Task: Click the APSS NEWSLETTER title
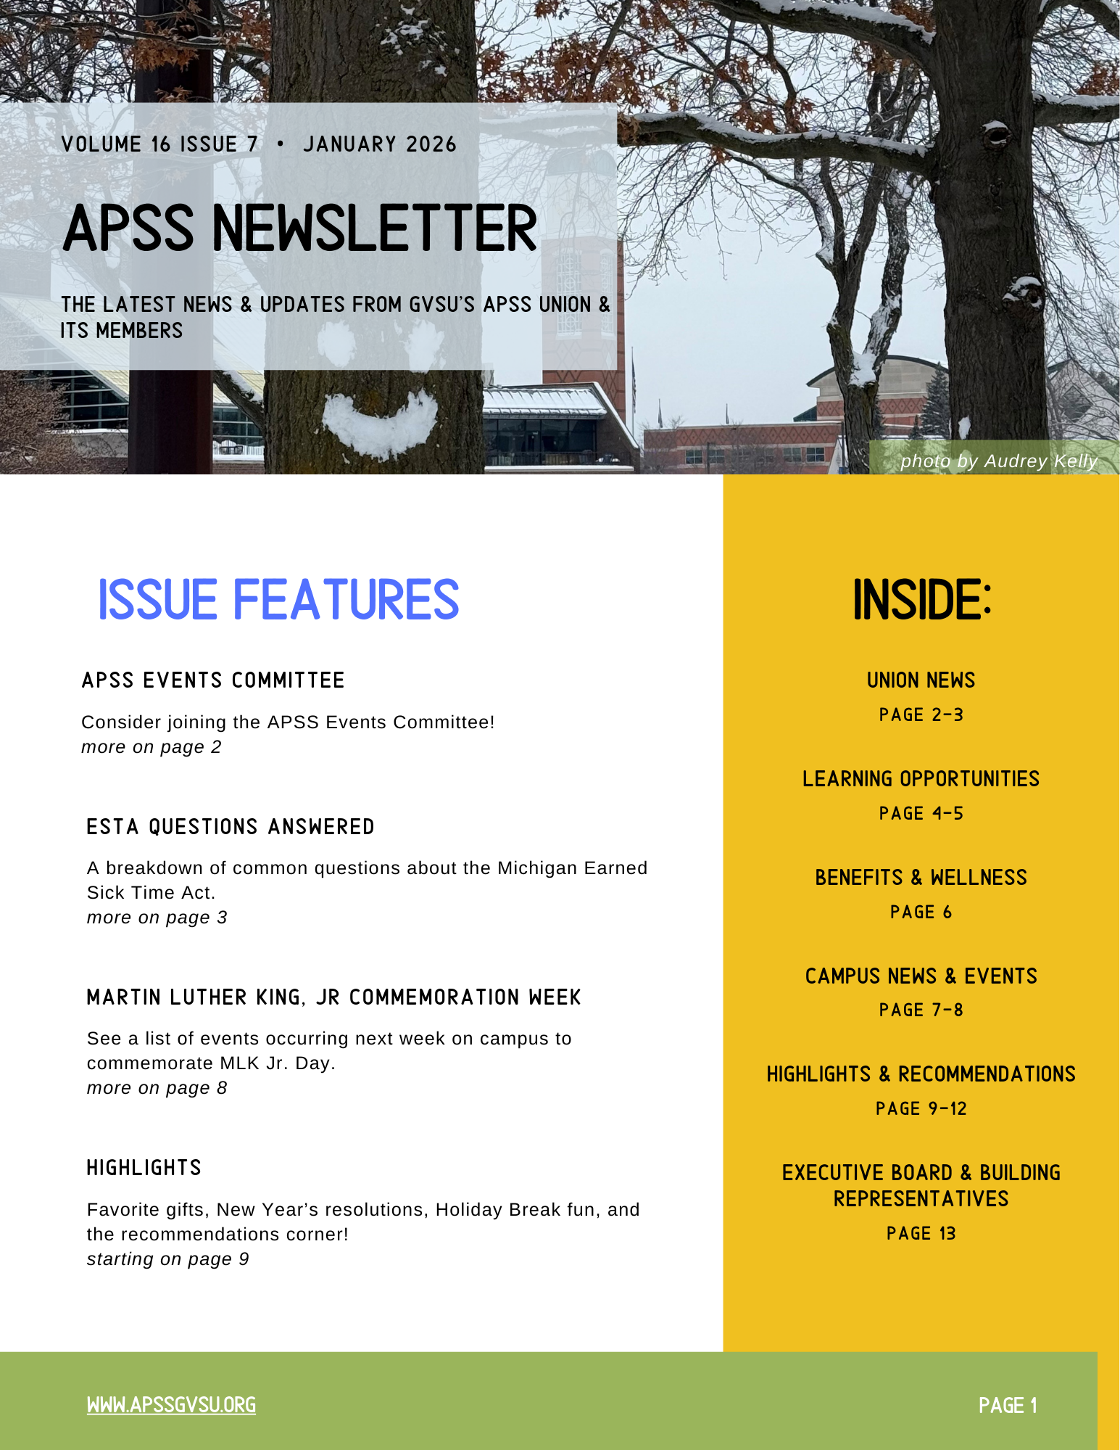tap(300, 228)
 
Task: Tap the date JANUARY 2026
tap(380, 144)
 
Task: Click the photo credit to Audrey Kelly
tap(998, 461)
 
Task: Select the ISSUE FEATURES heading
tap(278, 601)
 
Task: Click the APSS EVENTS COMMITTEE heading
tap(213, 680)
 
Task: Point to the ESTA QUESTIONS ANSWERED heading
tap(231, 827)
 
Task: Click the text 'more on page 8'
tap(157, 1088)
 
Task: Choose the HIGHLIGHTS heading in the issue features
tap(144, 1168)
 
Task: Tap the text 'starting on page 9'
tap(167, 1259)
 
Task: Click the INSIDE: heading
tap(921, 601)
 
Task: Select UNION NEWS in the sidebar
tap(921, 680)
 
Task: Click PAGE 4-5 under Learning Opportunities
tap(921, 814)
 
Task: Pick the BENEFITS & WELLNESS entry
tap(921, 878)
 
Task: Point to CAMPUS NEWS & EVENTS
tap(921, 976)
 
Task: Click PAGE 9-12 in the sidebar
tap(921, 1109)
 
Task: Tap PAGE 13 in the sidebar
tap(921, 1234)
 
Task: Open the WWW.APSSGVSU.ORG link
tap(171, 1406)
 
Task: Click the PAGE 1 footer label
tap(1008, 1406)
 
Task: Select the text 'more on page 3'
tap(157, 918)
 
